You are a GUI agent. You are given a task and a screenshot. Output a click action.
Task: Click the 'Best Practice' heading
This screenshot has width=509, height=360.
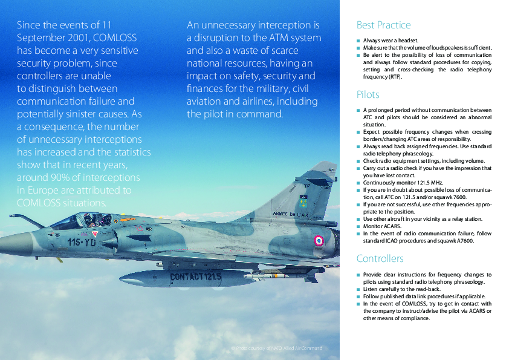pyautogui.click(x=383, y=25)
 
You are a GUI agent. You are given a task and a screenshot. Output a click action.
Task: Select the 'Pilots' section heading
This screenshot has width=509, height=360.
pyautogui.click(x=368, y=95)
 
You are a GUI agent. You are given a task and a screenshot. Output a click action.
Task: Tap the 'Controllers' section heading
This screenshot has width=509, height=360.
pyautogui.click(x=380, y=258)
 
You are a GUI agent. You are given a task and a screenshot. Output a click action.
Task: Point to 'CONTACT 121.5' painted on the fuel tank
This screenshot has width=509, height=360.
pyautogui.click(x=195, y=277)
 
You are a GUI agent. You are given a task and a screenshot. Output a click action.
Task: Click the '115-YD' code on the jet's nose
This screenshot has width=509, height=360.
pyautogui.click(x=82, y=242)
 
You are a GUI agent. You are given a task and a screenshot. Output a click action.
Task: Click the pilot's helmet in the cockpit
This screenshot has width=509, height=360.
pyautogui.click(x=88, y=218)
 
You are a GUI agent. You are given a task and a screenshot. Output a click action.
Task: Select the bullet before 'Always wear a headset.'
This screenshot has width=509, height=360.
pyautogui.click(x=358, y=40)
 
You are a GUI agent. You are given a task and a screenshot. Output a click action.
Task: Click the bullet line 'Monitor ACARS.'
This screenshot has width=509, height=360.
pyautogui.click(x=383, y=225)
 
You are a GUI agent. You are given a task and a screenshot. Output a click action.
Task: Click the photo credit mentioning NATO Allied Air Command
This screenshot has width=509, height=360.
pyautogui.click(x=277, y=348)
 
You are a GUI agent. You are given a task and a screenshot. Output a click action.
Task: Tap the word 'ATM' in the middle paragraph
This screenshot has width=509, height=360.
pyautogui.click(x=276, y=38)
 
